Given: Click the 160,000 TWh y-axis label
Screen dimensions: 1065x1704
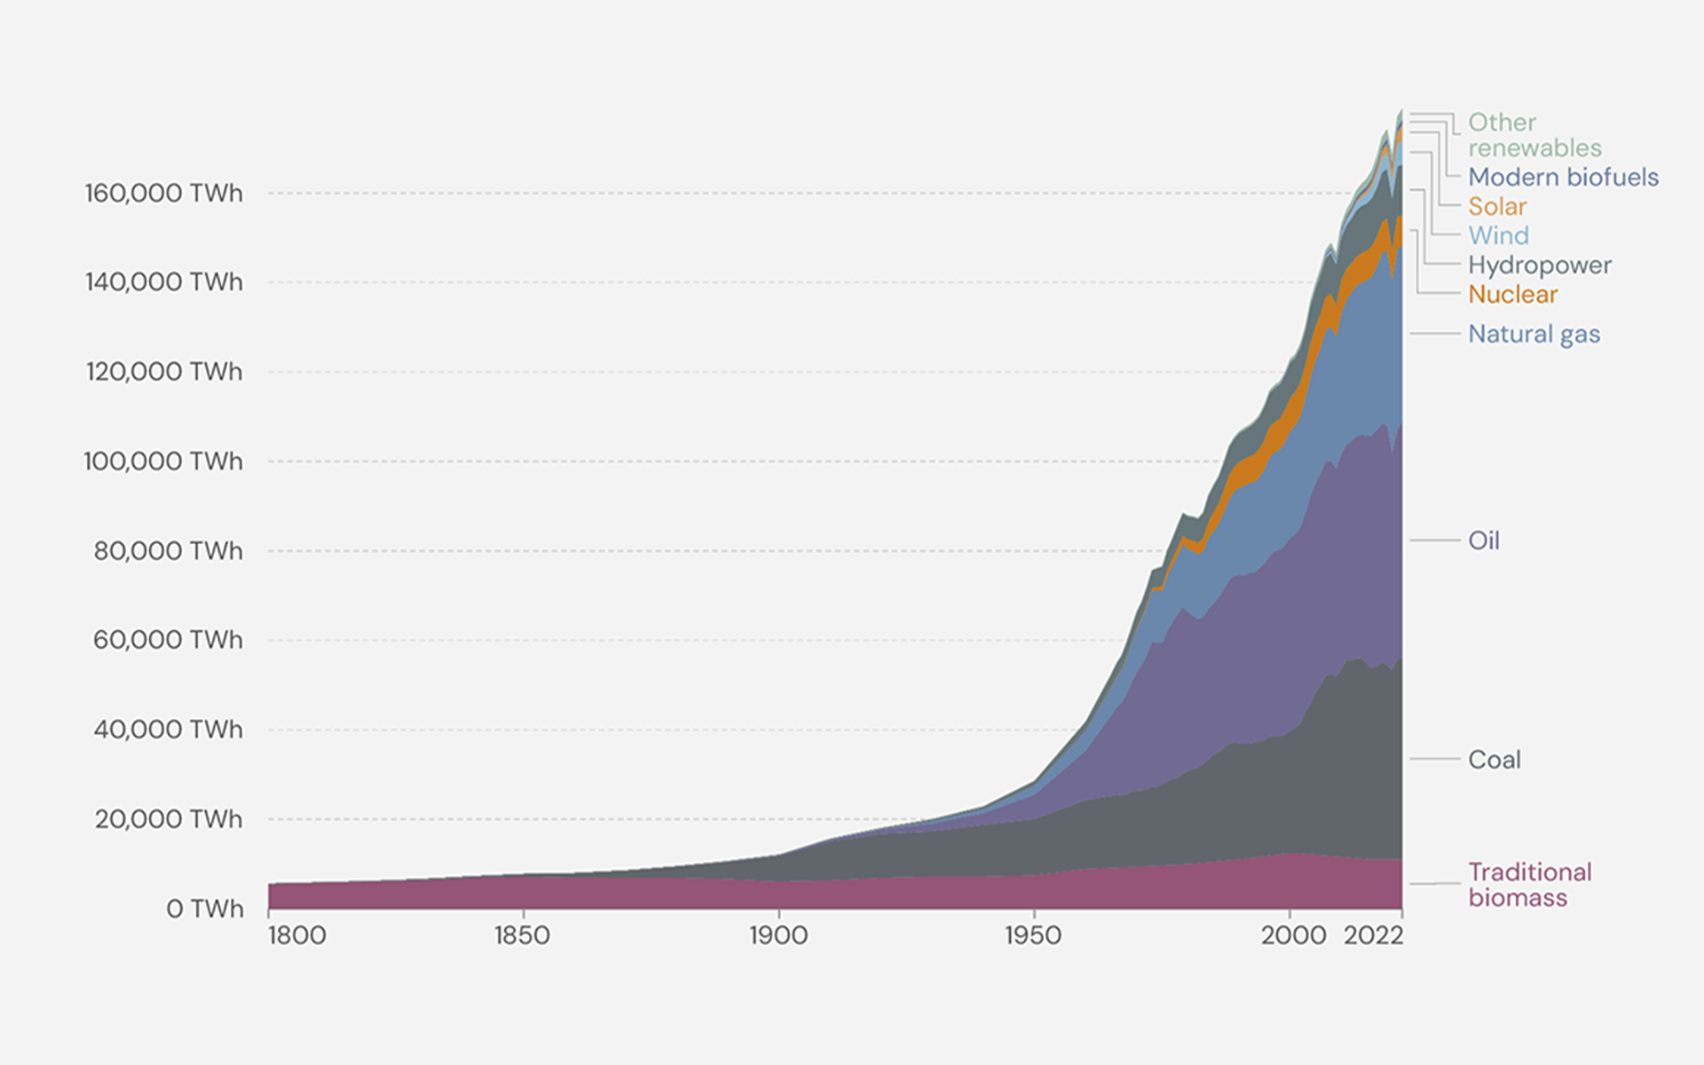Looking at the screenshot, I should (163, 193).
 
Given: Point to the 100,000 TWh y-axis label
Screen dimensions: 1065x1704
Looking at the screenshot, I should (163, 461).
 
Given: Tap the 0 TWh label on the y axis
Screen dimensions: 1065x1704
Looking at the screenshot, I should (204, 908).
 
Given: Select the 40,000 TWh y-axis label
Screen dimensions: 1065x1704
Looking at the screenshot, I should (168, 729).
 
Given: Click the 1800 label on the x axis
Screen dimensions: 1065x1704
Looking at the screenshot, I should (296, 935).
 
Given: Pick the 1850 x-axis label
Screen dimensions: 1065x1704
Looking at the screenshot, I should (522, 935).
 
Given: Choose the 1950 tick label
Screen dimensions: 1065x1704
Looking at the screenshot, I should (1033, 935).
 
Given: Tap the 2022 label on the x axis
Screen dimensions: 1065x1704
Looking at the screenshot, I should (1373, 935).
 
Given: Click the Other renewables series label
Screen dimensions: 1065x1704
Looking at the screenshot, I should (1534, 135).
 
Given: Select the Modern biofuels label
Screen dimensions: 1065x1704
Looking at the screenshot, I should (1563, 177).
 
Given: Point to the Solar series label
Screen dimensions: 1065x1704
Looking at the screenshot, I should (1496, 206).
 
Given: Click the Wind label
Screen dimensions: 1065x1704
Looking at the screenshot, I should (1498, 235).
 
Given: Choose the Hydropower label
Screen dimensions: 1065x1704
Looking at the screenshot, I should (1539, 264).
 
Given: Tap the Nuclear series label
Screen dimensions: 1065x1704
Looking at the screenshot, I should (1512, 294).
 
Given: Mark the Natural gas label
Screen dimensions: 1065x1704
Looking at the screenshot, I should (1534, 334).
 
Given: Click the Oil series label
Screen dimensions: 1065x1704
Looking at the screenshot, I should (1483, 540).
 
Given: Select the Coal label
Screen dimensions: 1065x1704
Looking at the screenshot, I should (1494, 759).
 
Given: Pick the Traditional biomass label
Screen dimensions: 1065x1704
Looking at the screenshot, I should (1529, 884).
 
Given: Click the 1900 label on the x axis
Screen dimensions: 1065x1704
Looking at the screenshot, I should (777, 935).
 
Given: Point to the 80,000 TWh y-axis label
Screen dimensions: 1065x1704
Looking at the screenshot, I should (168, 550).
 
